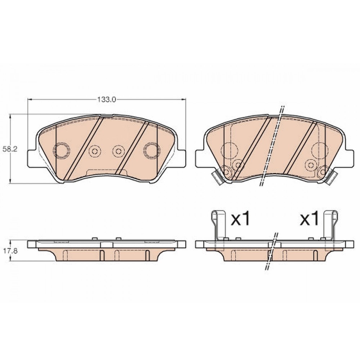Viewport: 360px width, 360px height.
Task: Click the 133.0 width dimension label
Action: [x=107, y=100]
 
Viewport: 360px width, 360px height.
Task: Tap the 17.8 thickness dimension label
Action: [x=7, y=251]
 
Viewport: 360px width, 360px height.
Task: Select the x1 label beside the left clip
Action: [x=240, y=219]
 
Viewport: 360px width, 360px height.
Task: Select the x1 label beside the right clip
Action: [x=309, y=219]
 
